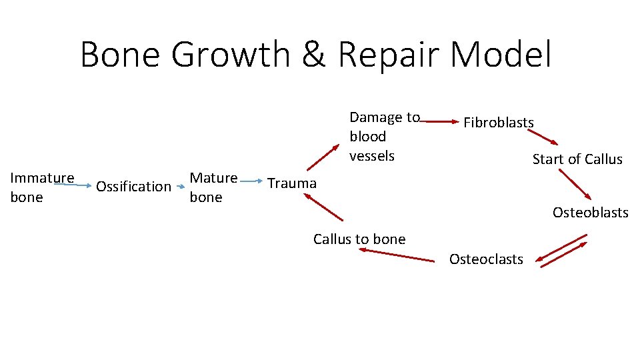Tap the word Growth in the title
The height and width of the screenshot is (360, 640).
click(x=230, y=55)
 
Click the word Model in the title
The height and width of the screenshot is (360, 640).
click(x=500, y=55)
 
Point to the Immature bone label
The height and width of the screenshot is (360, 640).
click(x=41, y=187)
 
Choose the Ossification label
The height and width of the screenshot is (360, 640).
click(x=133, y=187)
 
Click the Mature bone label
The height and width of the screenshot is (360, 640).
click(x=213, y=187)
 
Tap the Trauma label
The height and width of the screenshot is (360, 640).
click(x=292, y=183)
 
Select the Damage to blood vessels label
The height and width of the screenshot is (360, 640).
click(x=384, y=137)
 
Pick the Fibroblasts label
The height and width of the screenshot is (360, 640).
click(x=499, y=123)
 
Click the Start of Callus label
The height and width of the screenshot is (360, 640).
click(x=577, y=159)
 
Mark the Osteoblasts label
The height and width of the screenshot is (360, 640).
click(x=590, y=213)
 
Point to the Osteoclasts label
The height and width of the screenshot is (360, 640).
click(x=486, y=259)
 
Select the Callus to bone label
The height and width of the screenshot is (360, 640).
click(x=359, y=239)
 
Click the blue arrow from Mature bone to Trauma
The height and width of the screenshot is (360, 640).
click(x=251, y=180)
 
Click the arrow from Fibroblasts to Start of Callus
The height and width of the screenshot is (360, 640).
click(x=543, y=137)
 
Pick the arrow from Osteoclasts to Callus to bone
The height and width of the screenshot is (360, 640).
click(x=396, y=255)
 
